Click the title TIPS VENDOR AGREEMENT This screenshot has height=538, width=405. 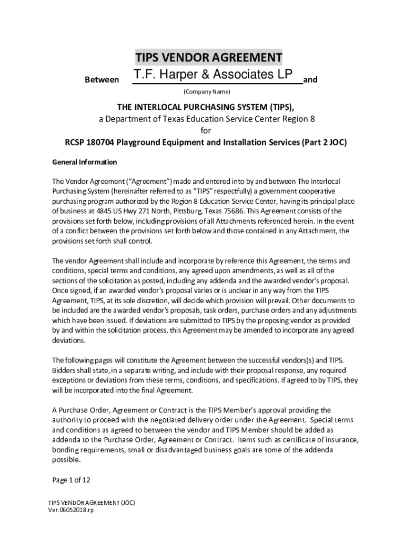[x=209, y=57]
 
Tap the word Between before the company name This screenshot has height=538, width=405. [x=102, y=80]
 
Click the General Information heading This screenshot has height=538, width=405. [x=84, y=162]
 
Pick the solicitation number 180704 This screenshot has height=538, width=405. [x=100, y=142]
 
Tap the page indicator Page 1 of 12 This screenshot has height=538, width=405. [x=72, y=480]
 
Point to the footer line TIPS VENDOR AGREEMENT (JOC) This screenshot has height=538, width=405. [x=92, y=502]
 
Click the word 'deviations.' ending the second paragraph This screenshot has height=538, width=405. [x=69, y=340]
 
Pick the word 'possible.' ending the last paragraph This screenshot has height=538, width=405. [x=66, y=460]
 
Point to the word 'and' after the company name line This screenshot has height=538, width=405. [x=311, y=80]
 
